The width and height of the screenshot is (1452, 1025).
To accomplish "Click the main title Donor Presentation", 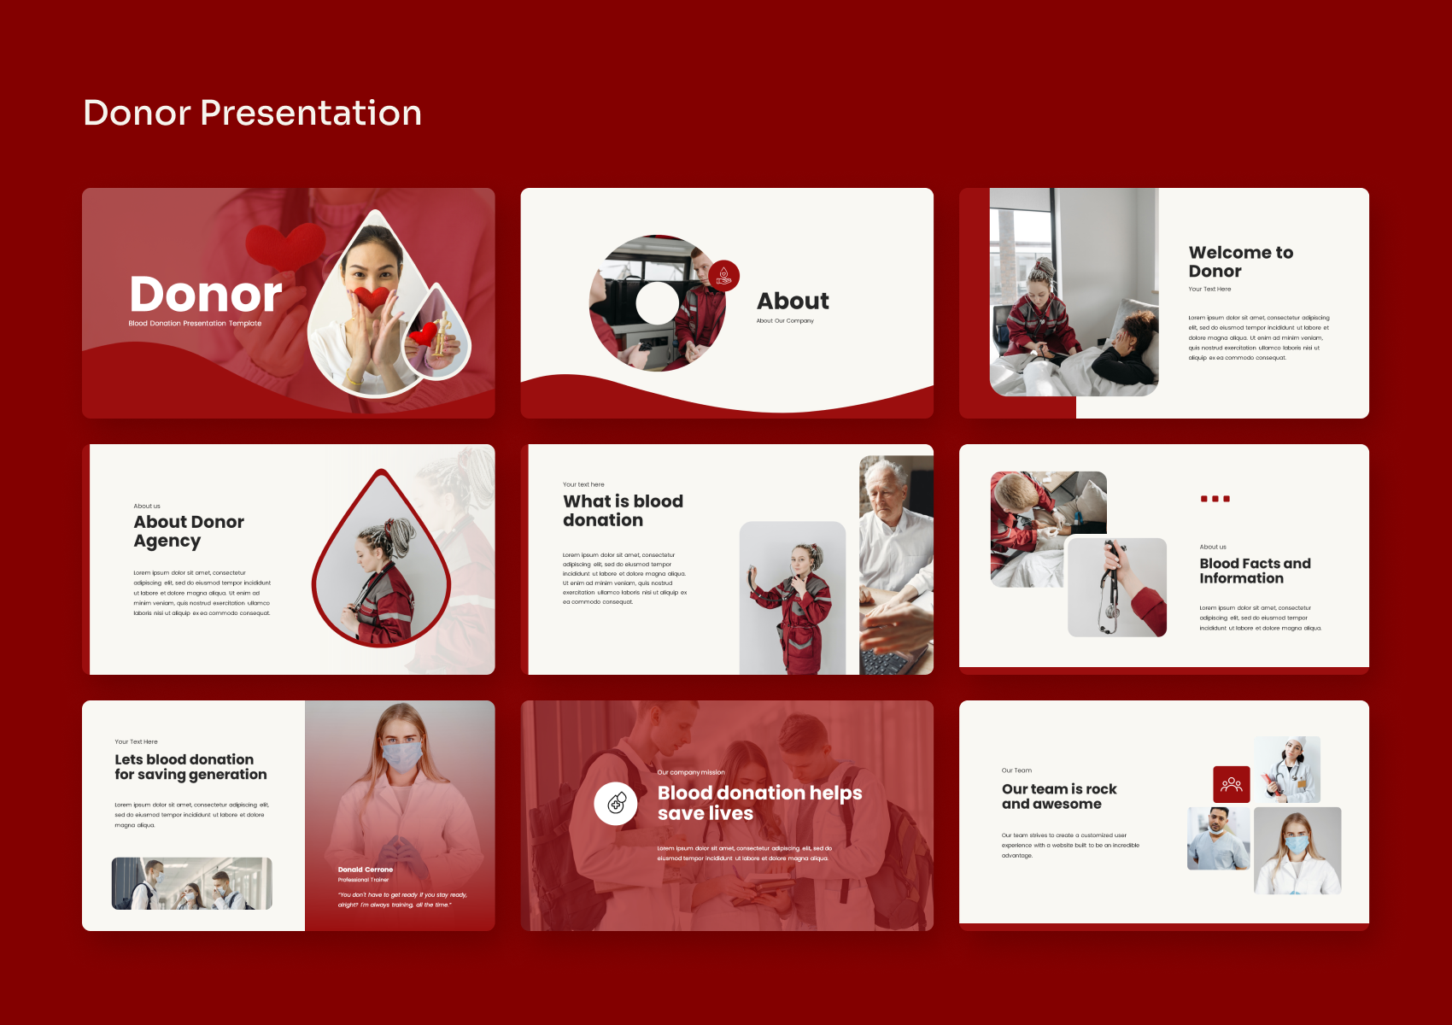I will (x=252, y=113).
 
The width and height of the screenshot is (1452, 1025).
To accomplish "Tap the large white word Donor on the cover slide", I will (x=206, y=295).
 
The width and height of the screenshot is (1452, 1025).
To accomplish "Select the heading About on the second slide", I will (x=793, y=301).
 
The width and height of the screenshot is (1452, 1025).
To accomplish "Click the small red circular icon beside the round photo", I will (x=723, y=275).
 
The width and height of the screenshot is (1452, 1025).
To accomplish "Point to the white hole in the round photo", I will (x=657, y=303).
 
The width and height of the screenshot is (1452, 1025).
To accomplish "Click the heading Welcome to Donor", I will (x=1240, y=261).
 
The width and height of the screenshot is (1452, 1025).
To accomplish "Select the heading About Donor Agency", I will (x=189, y=530).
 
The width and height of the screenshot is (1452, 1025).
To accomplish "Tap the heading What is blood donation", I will (x=623, y=510).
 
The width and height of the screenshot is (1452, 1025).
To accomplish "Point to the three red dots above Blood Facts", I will (x=1215, y=499).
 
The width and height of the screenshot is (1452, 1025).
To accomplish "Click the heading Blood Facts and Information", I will (x=1254, y=571).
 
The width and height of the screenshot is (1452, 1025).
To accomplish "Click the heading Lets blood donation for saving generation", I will (x=190, y=766).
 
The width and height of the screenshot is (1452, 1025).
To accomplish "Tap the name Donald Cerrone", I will (x=366, y=869).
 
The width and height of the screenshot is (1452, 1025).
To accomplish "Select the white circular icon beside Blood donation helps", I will (x=616, y=803).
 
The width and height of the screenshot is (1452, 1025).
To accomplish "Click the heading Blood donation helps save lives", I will (x=758, y=802).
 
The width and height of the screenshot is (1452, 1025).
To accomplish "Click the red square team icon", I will (x=1231, y=784).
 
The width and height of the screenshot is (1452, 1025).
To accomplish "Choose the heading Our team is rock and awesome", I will (x=1059, y=796).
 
